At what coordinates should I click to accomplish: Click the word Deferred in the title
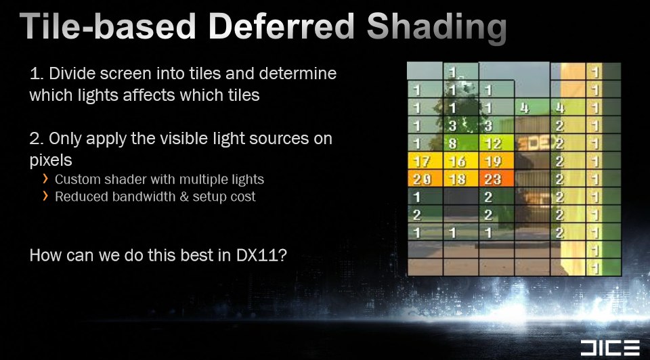click(x=282, y=26)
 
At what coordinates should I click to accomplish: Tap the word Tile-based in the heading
click(x=108, y=26)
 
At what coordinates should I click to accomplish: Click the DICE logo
click(x=610, y=348)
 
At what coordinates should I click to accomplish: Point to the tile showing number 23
click(x=496, y=179)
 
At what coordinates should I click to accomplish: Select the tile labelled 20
click(x=425, y=179)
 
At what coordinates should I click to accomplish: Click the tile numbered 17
click(x=425, y=161)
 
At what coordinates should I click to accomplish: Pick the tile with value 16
click(x=461, y=161)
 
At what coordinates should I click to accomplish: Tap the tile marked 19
click(x=496, y=161)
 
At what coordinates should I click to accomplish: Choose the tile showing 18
click(x=461, y=179)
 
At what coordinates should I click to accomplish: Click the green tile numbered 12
click(x=496, y=143)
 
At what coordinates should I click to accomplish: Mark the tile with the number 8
click(x=461, y=143)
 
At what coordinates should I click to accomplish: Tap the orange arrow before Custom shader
click(x=45, y=179)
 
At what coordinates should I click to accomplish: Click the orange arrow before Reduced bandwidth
click(x=45, y=196)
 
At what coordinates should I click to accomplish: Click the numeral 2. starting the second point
click(x=36, y=138)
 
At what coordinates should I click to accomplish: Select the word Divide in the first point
click(x=72, y=73)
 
